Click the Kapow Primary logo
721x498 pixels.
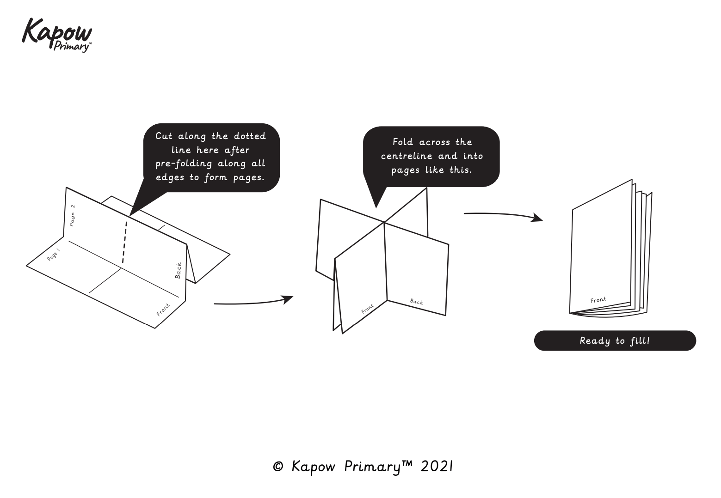(57, 35)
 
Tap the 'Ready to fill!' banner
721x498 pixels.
(615, 341)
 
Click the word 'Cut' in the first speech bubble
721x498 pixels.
(164, 136)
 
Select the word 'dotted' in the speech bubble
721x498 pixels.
(250, 136)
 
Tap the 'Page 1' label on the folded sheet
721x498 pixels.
(54, 255)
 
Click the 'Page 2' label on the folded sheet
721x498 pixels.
(72, 215)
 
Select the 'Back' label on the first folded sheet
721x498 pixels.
(179, 270)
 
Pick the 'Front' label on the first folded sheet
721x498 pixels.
(163, 310)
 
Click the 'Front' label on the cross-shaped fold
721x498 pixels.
(368, 309)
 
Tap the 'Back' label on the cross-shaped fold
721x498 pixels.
(416, 302)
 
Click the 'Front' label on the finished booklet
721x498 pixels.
(598, 300)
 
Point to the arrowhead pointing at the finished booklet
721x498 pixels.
(537, 217)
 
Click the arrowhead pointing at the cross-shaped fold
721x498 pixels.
(288, 299)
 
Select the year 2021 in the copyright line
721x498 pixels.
(437, 467)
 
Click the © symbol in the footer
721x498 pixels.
(278, 467)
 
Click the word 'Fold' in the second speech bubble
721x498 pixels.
(402, 142)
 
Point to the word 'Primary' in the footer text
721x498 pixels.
(372, 467)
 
